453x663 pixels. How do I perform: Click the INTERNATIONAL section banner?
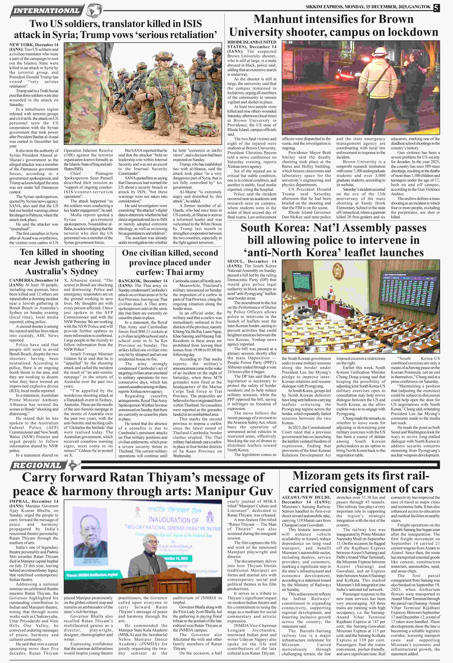click(47, 11)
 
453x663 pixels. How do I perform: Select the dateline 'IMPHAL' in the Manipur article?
click(19, 501)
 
